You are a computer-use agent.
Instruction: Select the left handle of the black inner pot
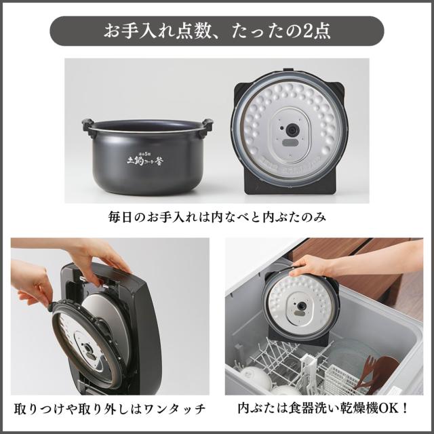[x=87, y=125]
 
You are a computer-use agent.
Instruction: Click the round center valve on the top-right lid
[x=291, y=129]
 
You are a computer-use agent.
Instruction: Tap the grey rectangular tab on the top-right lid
[x=290, y=143]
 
